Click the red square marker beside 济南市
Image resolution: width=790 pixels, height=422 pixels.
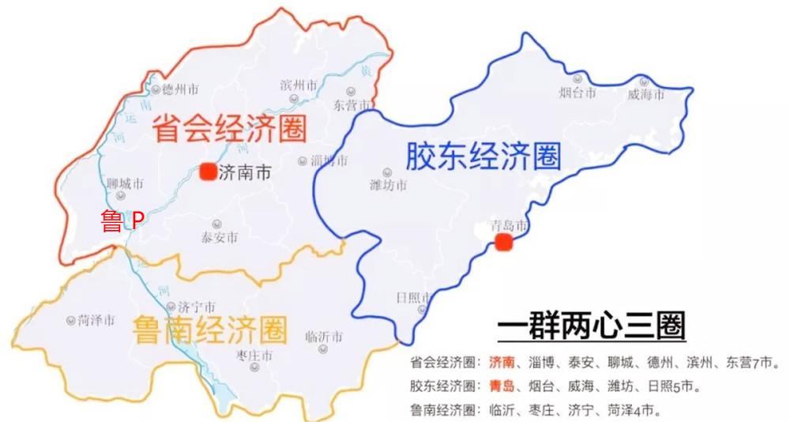coord(208,171)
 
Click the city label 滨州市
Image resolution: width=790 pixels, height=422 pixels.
coord(299,85)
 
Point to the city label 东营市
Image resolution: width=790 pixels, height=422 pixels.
coord(352,105)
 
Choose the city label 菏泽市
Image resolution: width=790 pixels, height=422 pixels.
coord(96,321)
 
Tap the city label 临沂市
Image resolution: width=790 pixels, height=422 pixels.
coord(323,337)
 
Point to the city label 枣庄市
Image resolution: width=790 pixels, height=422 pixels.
coord(254,356)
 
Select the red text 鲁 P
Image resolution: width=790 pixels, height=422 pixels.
coord(122,221)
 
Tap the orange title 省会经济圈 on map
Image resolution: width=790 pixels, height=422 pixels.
coord(230,127)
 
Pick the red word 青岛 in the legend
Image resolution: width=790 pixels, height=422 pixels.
coord(502,386)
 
